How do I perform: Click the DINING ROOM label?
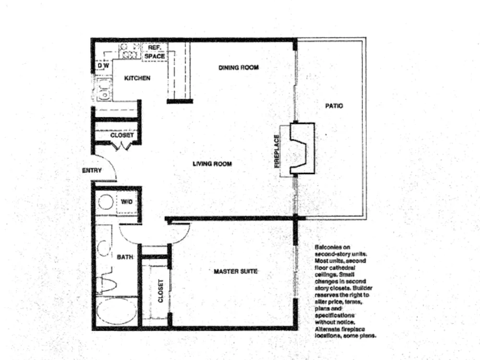coord(239,67)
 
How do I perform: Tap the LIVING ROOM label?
coord(212,164)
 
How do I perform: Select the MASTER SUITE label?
coord(235,271)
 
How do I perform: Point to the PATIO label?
coord(334,106)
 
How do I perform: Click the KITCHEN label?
coord(137,78)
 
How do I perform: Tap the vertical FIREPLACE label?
coord(277,151)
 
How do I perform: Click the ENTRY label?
coord(92,170)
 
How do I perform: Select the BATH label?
coord(125,257)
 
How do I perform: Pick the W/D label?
coord(127,202)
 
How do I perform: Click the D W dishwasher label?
coord(103,66)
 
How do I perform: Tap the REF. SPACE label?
coord(155,52)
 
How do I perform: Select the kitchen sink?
coord(104,89)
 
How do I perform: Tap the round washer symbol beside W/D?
coord(106,202)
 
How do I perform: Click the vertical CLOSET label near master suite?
coord(161,291)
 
